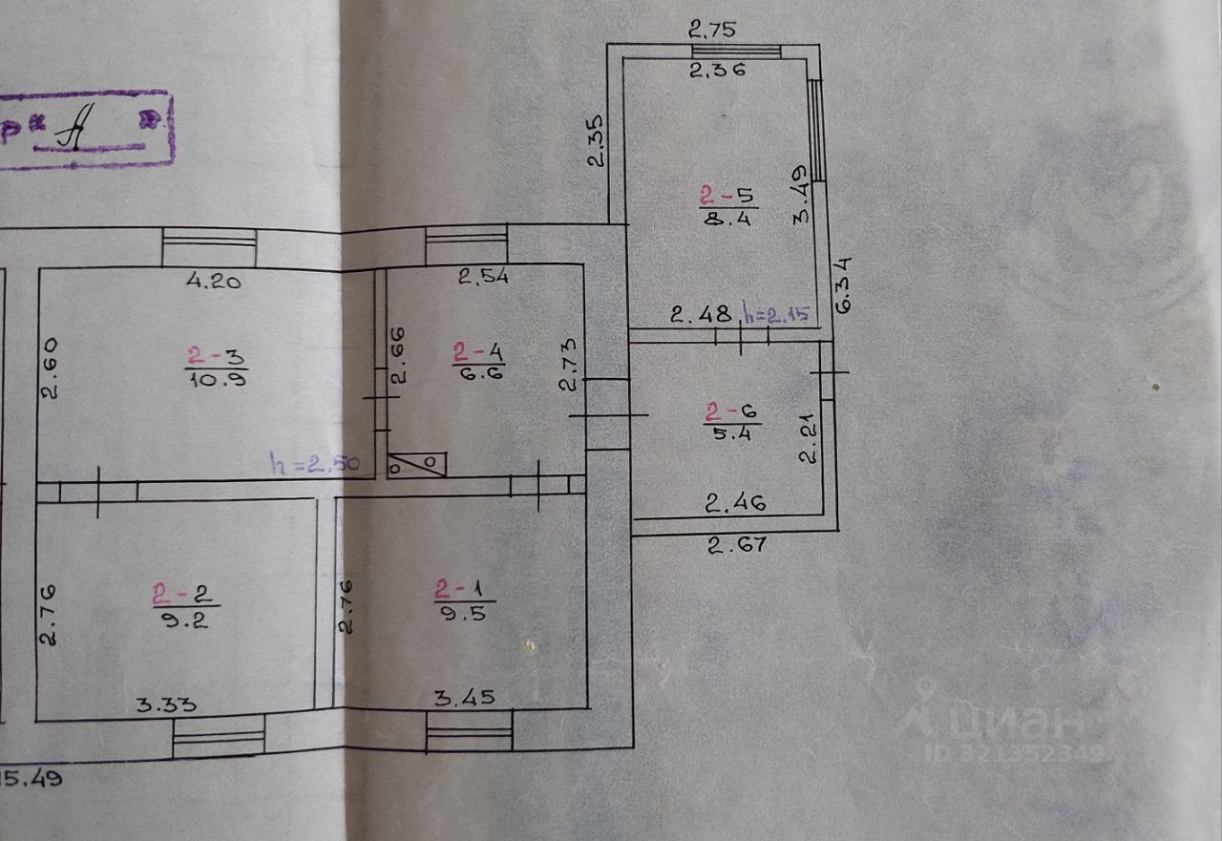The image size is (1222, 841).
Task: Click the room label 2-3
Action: tap(217, 357)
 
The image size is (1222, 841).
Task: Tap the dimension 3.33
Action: tap(166, 705)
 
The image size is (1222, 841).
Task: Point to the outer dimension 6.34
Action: tap(844, 284)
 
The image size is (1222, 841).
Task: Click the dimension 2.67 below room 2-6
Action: tap(736, 545)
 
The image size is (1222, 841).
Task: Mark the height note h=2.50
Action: tap(315, 465)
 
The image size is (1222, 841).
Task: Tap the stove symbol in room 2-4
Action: tap(417, 463)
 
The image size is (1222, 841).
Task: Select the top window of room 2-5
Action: tap(736, 51)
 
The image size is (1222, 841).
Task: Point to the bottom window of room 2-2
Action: tap(219, 739)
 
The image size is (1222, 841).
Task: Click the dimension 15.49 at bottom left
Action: tap(32, 778)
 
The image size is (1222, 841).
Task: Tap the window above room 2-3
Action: tap(208, 248)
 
